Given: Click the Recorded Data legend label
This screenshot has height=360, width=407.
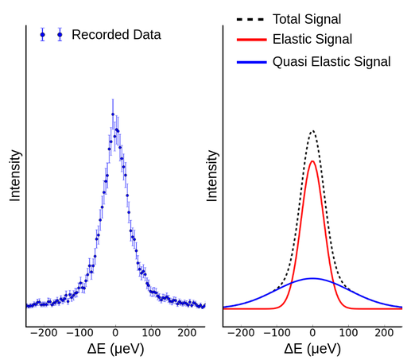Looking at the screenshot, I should [116, 35].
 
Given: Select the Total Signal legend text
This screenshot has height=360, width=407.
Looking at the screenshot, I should [306, 18].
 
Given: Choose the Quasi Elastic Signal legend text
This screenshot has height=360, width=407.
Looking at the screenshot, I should [331, 61].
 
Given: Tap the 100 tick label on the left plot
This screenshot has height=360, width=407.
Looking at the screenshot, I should [152, 334].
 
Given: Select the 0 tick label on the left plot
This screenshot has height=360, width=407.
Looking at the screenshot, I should [116, 334].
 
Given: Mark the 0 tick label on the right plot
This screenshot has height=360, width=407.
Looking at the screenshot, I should [313, 334].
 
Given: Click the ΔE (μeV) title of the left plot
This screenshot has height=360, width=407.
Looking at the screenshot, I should [115, 349].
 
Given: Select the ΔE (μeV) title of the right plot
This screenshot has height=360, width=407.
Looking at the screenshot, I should [312, 349].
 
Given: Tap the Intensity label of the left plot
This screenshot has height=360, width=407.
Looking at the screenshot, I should [15, 175].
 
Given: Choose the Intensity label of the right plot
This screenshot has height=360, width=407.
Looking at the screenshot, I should [212, 175].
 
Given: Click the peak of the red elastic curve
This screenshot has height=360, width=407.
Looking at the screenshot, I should [313, 161].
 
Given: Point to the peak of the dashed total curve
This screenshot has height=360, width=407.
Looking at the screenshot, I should [313, 131].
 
